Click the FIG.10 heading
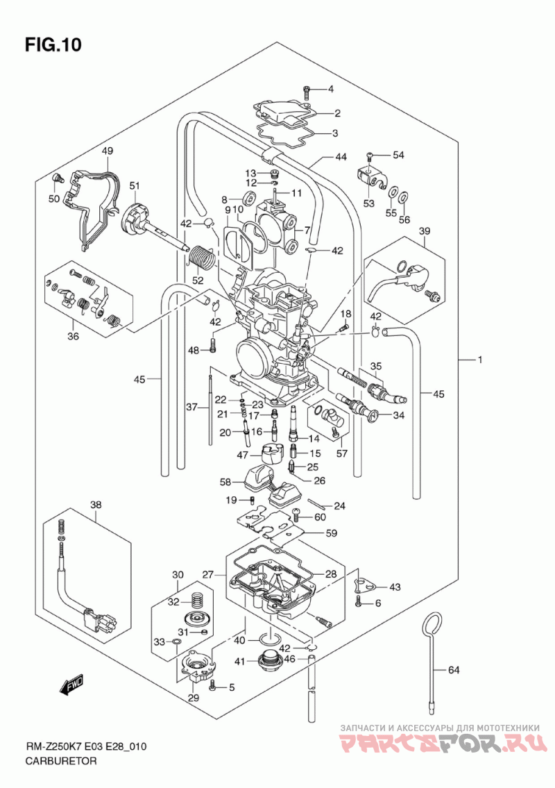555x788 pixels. click(x=53, y=44)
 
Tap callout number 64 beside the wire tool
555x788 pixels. click(x=454, y=669)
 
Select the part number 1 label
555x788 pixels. click(x=479, y=360)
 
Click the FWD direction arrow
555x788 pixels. click(x=72, y=685)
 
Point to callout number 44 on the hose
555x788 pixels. click(x=341, y=158)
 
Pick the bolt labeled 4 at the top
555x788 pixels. click(x=306, y=92)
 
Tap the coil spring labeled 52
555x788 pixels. click(x=202, y=258)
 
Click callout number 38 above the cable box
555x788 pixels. click(x=96, y=504)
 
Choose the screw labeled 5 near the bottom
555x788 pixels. click(x=214, y=685)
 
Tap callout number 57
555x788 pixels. click(x=341, y=454)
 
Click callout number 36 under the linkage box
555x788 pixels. click(x=74, y=336)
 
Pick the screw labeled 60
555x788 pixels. click(x=296, y=514)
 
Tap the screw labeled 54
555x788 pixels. click(x=370, y=156)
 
